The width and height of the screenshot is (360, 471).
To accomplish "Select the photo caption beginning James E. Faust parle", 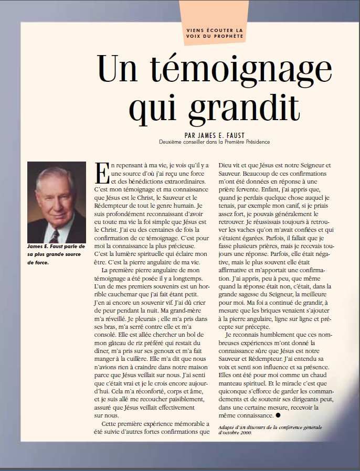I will [x=56, y=254].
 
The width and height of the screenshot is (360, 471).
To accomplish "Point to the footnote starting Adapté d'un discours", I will [x=270, y=430].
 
